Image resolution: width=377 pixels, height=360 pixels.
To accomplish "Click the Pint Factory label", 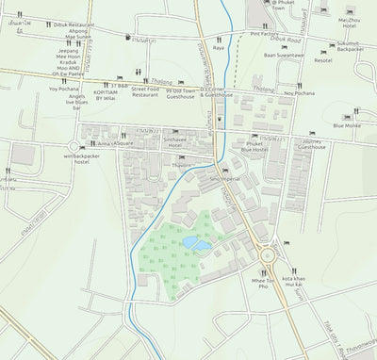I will pyautogui.click(x=266, y=34).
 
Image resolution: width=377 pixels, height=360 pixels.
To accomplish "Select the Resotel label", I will pyautogui.click(x=323, y=60).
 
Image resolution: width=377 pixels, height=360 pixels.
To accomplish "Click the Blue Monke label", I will pyautogui.click(x=346, y=125).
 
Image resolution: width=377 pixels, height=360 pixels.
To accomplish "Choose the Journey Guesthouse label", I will pyautogui.click(x=311, y=143).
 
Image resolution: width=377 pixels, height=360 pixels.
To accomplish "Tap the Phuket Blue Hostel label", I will pyautogui.click(x=254, y=145).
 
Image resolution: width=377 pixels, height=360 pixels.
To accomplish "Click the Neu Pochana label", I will pyautogui.click(x=299, y=93).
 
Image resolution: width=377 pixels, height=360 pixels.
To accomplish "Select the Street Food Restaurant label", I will pyautogui.click(x=145, y=90).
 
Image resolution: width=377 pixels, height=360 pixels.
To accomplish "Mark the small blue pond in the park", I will pyautogui.click(x=197, y=243).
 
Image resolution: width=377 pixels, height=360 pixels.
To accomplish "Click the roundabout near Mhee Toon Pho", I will pyautogui.click(x=267, y=254).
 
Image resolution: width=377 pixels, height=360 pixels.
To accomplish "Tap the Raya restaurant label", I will pyautogui.click(x=219, y=45).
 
